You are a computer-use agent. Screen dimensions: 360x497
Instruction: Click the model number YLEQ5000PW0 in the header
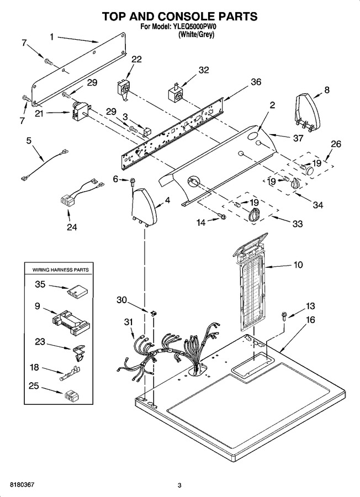click(x=194, y=27)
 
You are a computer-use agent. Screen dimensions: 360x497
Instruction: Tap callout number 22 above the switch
click(x=136, y=59)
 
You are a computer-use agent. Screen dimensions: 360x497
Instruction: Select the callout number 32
click(x=204, y=70)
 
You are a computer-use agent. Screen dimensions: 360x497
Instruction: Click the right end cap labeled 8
click(x=308, y=111)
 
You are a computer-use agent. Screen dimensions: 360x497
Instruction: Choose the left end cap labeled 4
click(x=144, y=206)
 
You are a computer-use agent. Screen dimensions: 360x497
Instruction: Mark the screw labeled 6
click(x=132, y=182)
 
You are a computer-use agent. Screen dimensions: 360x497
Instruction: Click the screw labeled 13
click(x=284, y=316)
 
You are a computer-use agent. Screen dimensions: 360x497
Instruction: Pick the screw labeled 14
click(x=223, y=216)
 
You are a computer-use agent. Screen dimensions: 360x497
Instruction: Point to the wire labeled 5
click(x=45, y=165)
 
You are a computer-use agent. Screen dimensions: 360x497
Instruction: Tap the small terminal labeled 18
click(x=70, y=373)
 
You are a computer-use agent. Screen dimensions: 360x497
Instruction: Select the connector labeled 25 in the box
click(x=72, y=395)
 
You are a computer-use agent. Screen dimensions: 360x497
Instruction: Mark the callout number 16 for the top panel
click(x=310, y=320)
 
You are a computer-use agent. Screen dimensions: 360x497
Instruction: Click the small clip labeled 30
click(x=154, y=313)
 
